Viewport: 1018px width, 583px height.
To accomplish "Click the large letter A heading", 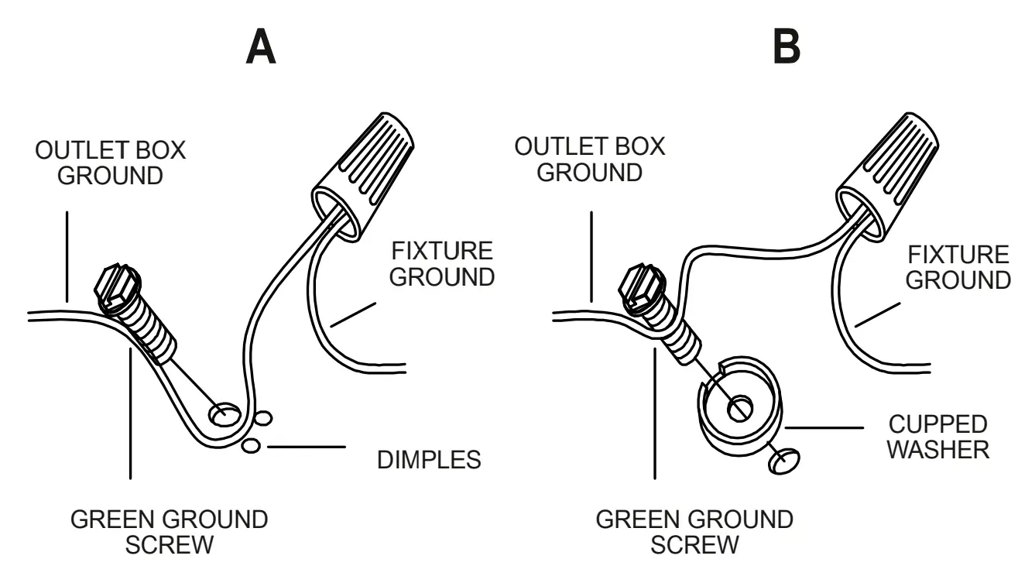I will [x=261, y=47].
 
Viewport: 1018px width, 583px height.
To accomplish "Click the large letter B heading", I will [x=787, y=47].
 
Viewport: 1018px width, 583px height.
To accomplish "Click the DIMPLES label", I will [x=429, y=460].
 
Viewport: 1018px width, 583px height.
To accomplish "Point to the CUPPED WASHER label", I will [x=937, y=437].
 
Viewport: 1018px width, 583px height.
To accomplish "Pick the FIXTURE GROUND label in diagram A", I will [x=441, y=263].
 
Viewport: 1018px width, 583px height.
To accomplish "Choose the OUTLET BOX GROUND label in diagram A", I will [x=111, y=163].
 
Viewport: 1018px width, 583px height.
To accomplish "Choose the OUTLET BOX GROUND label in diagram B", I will [x=590, y=160].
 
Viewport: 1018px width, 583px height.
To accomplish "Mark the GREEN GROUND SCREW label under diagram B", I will [x=694, y=532].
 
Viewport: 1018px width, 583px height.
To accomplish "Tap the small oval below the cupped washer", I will [x=785, y=461].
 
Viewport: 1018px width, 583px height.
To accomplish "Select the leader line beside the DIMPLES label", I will [x=306, y=447].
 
